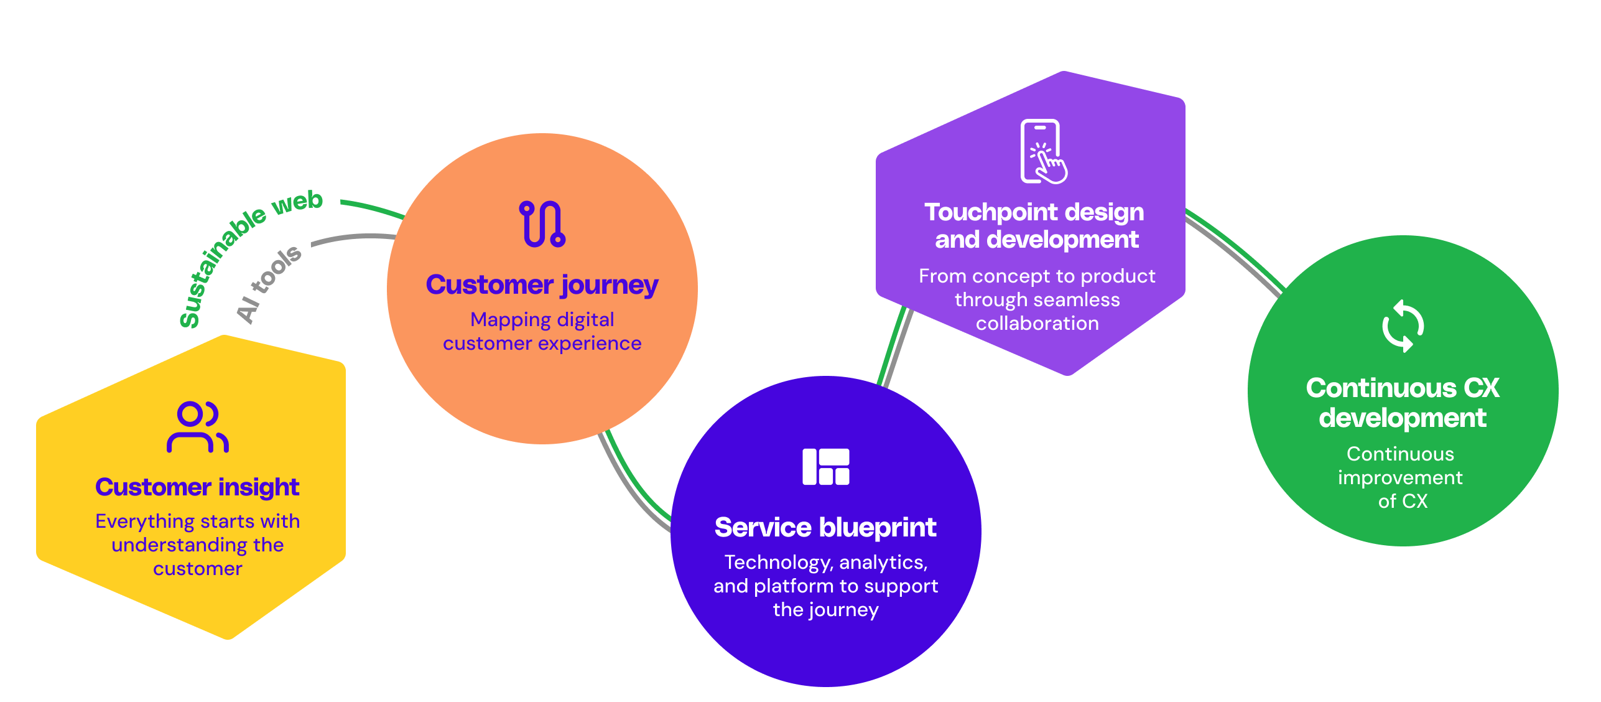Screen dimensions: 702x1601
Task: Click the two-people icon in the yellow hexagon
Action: point(198,427)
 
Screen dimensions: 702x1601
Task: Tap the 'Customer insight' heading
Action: point(197,487)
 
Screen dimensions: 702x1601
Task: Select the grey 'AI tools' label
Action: point(269,284)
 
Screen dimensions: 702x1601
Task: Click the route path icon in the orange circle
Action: point(542,224)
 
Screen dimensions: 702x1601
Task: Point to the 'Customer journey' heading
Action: point(542,285)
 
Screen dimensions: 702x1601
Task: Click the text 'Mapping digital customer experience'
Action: point(542,331)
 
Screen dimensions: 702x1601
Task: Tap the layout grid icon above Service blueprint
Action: point(825,466)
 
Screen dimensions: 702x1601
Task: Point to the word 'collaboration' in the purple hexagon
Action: point(1037,324)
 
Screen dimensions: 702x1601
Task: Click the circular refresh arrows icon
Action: point(1403,326)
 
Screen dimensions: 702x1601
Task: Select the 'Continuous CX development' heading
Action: point(1402,403)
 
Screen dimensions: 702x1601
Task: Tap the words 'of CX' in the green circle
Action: point(1402,502)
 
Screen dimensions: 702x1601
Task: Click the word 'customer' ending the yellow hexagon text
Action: point(197,569)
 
